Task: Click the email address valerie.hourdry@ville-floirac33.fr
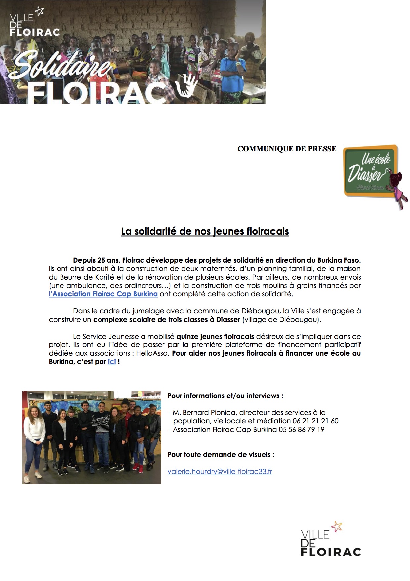[x=220, y=471]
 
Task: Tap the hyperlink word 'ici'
[x=112, y=362]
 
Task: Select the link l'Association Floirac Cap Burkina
[x=103, y=294]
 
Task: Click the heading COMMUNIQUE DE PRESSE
[x=287, y=149]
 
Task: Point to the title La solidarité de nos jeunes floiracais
[x=205, y=231]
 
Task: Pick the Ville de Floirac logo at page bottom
[x=331, y=540]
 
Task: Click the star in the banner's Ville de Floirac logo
[x=39, y=11]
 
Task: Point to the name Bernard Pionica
[x=209, y=413]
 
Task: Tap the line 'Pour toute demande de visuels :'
[x=221, y=455]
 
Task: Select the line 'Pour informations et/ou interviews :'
[x=225, y=396]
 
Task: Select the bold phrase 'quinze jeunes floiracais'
[x=215, y=337]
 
